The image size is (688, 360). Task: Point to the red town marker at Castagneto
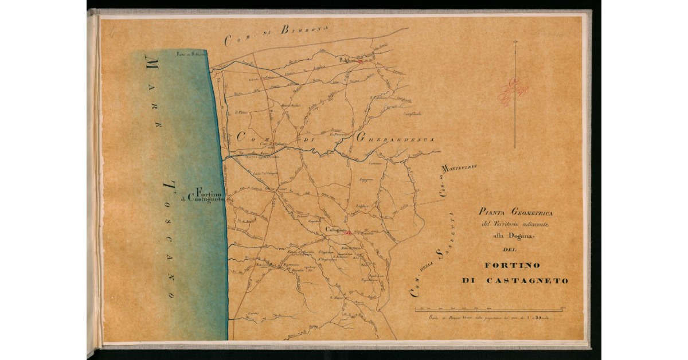(x=347, y=233)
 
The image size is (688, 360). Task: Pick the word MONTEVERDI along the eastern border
(x=459, y=173)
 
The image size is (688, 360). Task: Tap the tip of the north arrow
(x=515, y=42)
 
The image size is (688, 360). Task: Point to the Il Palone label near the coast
(x=240, y=112)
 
